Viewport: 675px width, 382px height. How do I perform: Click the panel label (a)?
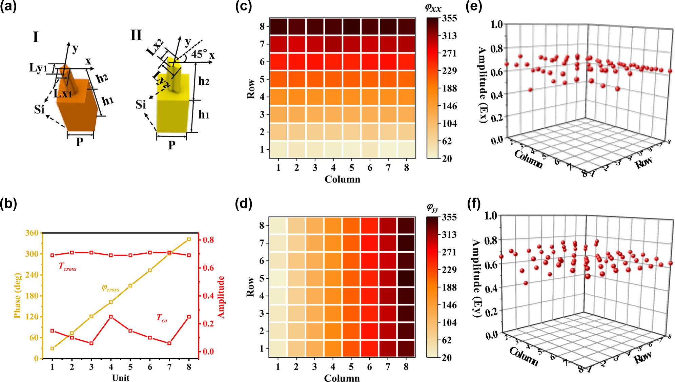pos(8,7)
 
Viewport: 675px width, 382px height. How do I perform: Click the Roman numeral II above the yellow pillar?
pos(136,35)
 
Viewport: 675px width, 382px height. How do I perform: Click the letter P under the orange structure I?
pos(80,142)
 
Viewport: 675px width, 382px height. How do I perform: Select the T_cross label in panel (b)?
pos(67,267)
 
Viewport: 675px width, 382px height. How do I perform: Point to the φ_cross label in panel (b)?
pos(110,288)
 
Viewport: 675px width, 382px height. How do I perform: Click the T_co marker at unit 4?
pos(111,317)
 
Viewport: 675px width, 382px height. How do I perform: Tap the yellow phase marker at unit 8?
pos(189,239)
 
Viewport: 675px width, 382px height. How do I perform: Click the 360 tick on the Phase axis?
pos(32,233)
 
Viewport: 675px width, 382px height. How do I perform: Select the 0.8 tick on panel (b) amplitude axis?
pos(208,240)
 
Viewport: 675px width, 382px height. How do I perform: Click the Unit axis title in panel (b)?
pos(121,378)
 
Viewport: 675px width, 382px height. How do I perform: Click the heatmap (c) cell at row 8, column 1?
pos(278,26)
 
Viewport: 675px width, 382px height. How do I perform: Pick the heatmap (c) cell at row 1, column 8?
pos(406,149)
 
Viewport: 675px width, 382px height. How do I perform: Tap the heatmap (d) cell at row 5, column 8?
pos(406,278)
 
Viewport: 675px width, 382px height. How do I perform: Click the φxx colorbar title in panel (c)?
pos(433,8)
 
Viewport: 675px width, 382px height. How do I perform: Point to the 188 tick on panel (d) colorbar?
pos(449,287)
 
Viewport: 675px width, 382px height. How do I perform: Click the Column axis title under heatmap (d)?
pos(342,378)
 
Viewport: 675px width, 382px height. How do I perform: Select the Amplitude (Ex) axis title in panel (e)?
pos(483,85)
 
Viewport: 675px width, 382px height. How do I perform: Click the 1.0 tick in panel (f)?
pos(490,216)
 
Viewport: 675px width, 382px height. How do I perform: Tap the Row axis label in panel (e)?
pos(643,163)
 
